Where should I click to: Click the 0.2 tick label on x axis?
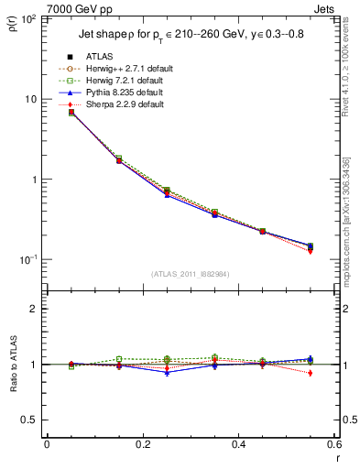click(142, 446)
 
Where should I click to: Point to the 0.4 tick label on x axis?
click(238, 446)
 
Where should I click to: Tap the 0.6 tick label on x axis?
click(333, 446)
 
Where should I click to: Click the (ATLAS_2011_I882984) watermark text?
click(190, 273)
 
